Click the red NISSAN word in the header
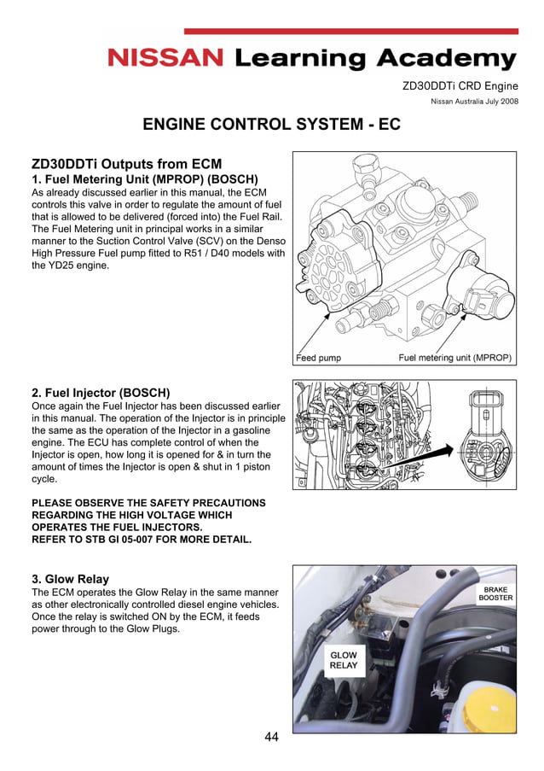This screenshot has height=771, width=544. click(165, 59)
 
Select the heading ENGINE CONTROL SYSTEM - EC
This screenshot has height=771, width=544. click(271, 125)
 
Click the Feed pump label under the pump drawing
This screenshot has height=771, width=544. click(318, 357)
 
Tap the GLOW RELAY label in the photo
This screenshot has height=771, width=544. click(344, 660)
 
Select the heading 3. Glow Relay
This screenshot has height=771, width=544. click(70, 579)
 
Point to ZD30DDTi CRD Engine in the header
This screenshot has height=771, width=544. click(460, 85)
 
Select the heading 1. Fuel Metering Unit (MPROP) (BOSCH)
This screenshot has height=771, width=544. click(144, 179)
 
